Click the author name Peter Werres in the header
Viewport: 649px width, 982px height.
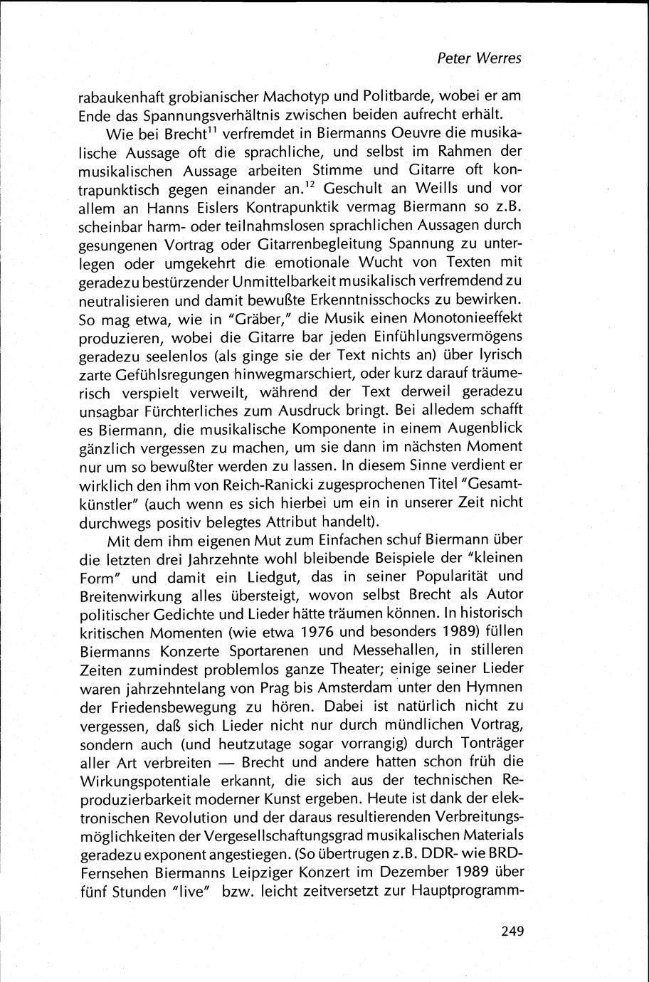click(x=479, y=58)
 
